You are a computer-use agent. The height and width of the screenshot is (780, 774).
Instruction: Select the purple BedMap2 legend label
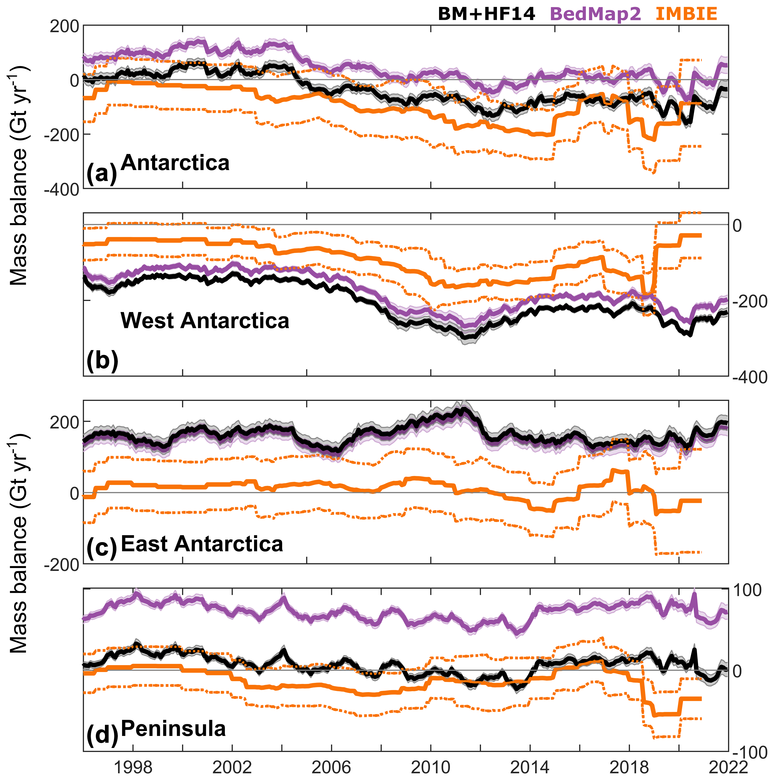(x=595, y=14)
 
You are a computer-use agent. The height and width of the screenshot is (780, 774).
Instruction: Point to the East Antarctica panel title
(x=202, y=544)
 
